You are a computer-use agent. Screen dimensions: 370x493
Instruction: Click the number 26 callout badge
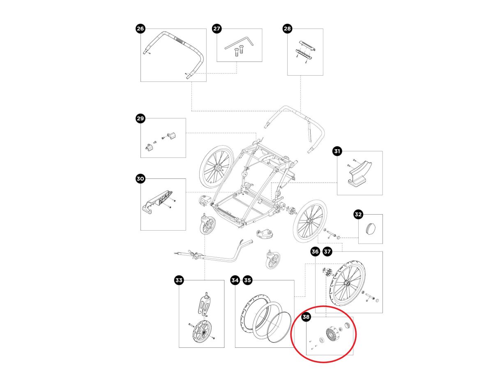pos(141,28)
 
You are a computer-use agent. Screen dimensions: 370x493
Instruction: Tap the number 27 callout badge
pos(217,28)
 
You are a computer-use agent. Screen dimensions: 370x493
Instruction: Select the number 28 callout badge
pos(287,28)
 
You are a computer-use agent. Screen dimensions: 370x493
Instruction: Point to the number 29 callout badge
pos(141,119)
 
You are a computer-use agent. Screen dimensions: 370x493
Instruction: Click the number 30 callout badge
pos(141,179)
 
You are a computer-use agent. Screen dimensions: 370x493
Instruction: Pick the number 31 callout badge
pos(337,152)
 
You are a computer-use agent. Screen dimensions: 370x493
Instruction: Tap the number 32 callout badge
pos(359,214)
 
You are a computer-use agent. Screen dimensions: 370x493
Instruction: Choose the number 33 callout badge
pos(179,281)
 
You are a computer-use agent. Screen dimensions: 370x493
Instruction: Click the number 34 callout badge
pos(235,281)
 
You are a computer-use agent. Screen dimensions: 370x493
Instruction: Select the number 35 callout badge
pos(247,281)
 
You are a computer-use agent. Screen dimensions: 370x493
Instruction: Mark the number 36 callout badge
pos(315,251)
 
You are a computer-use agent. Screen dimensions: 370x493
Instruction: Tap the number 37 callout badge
pos(327,251)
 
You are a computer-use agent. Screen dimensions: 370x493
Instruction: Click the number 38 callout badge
pos(306,317)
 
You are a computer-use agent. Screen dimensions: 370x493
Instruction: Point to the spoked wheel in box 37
pos(347,283)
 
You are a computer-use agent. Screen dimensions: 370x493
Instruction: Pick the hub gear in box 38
pos(332,333)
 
